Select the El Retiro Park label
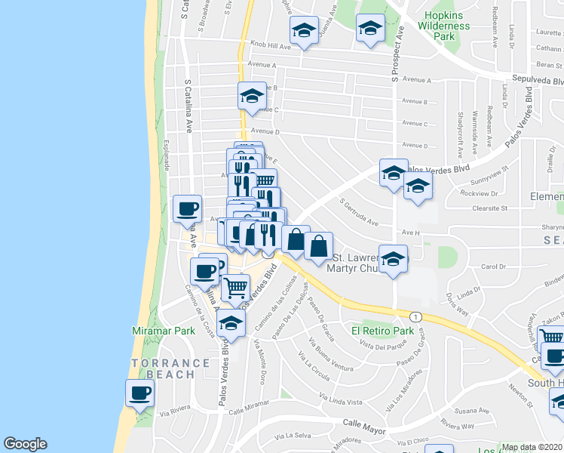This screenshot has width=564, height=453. (382, 331)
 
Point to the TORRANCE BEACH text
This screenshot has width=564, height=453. (170, 368)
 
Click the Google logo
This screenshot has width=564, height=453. (25, 444)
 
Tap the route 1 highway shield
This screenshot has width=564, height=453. (415, 315)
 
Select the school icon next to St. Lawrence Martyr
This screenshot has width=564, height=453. (393, 259)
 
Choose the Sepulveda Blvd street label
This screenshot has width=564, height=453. (538, 80)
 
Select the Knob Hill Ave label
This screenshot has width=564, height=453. (268, 46)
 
